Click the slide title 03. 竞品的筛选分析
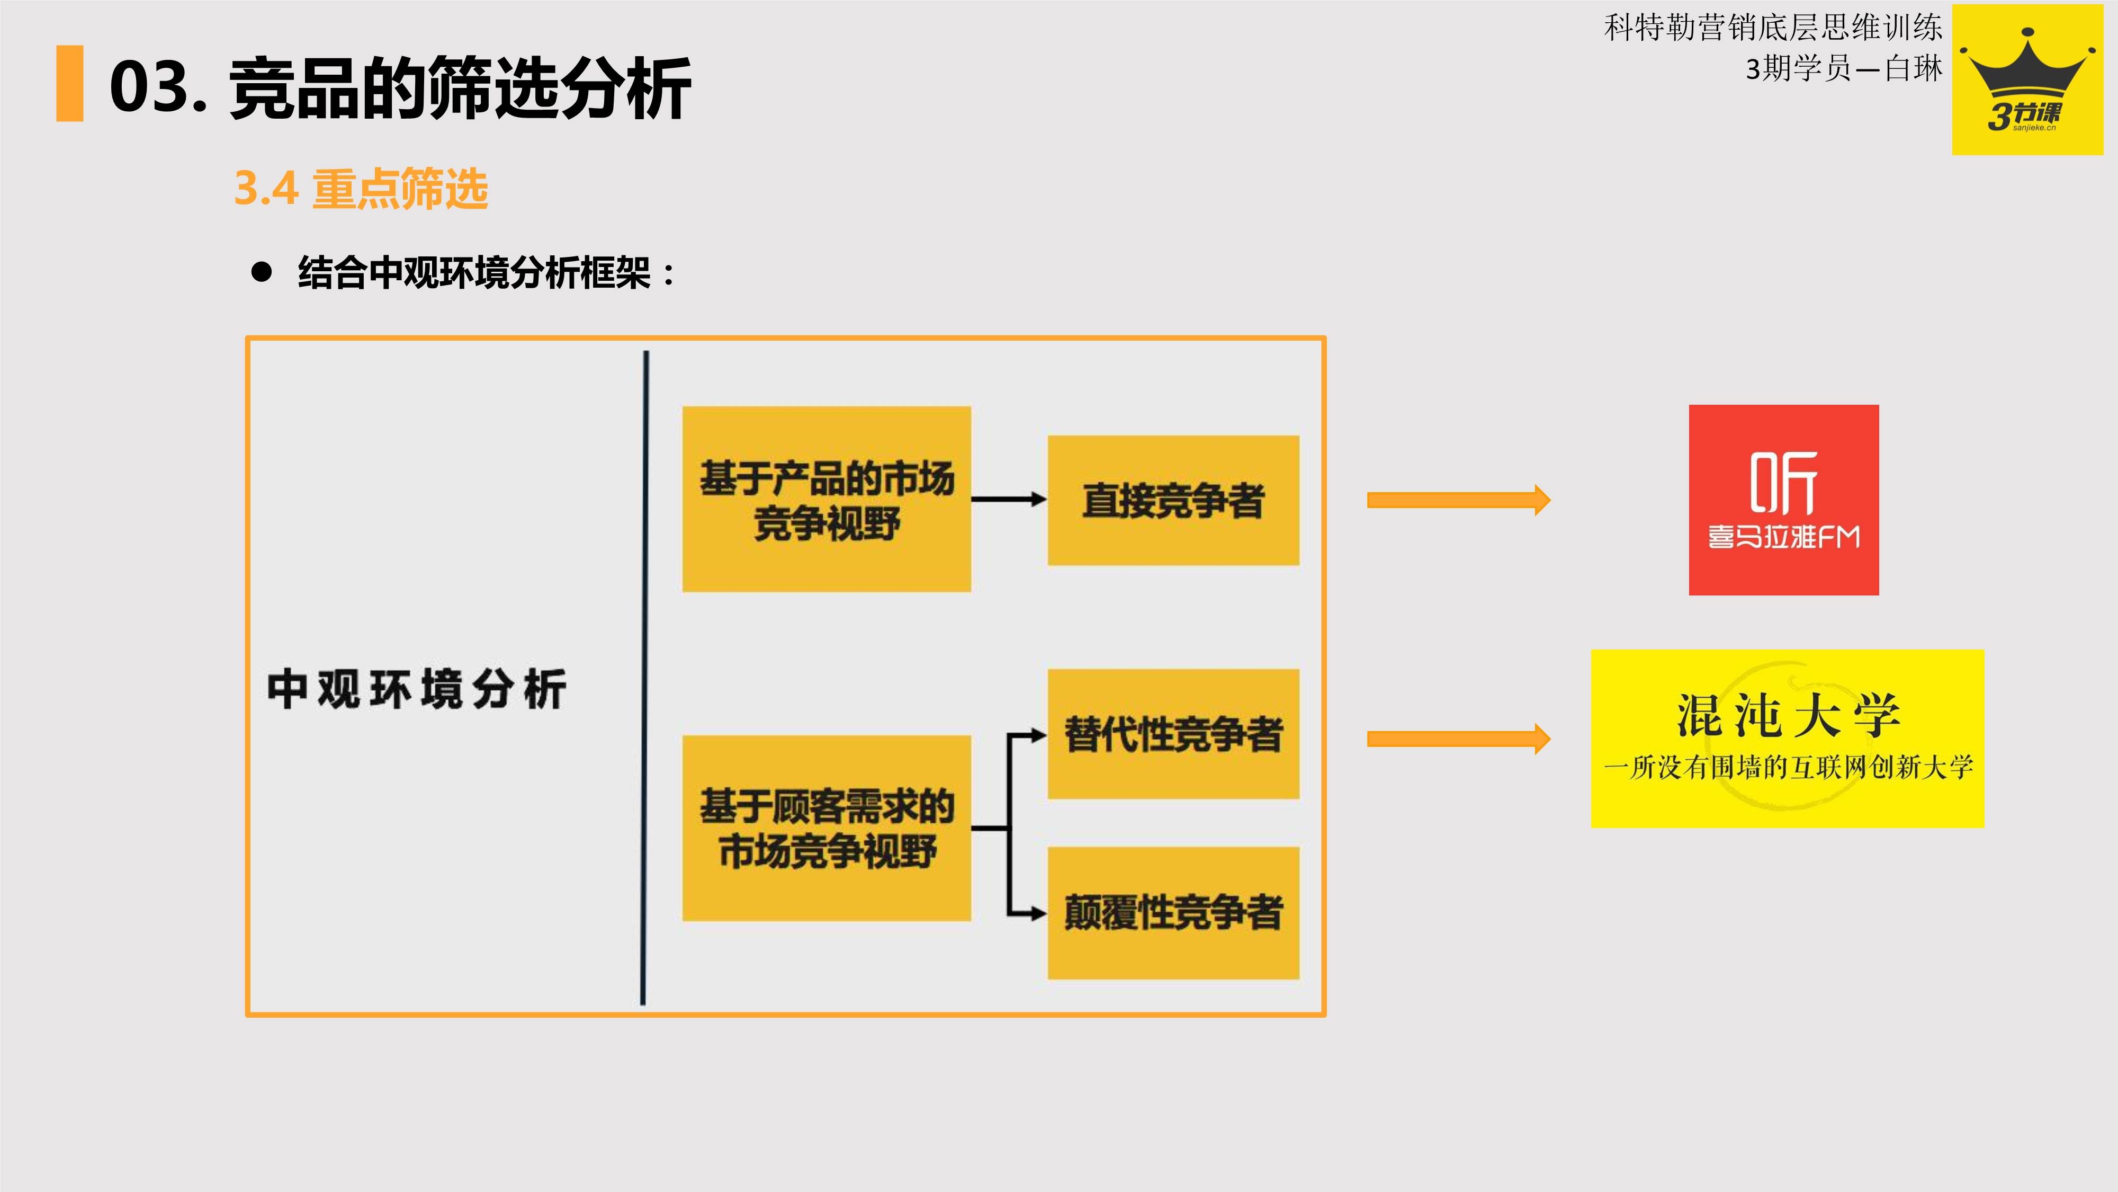pyautogui.click(x=400, y=87)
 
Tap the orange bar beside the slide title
pyautogui.click(x=70, y=84)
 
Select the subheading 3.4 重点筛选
pyautogui.click(x=361, y=189)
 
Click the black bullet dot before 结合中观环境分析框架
pyautogui.click(x=262, y=272)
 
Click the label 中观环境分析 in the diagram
pyautogui.click(x=417, y=689)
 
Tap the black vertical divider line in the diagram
pyautogui.click(x=644, y=678)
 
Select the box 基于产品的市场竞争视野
pyautogui.click(x=827, y=500)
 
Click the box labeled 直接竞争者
pyautogui.click(x=1173, y=500)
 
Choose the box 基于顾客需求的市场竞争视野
pyautogui.click(x=827, y=828)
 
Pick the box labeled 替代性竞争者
pyautogui.click(x=1173, y=734)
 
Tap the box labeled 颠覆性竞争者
pyautogui.click(x=1173, y=912)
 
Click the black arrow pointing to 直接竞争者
pyautogui.click(x=1008, y=499)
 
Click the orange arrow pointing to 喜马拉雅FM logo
pyautogui.click(x=1458, y=500)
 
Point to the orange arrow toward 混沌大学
pyautogui.click(x=1458, y=739)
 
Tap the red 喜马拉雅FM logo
pyautogui.click(x=1783, y=500)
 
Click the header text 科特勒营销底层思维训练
pyautogui.click(x=1773, y=28)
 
